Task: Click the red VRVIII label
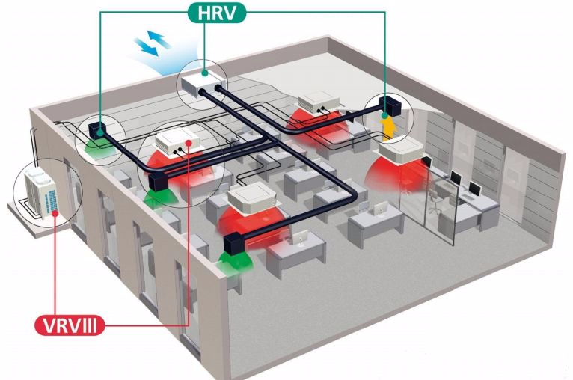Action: (x=69, y=326)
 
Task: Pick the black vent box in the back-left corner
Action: (x=97, y=128)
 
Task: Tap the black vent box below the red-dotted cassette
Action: (x=159, y=181)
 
